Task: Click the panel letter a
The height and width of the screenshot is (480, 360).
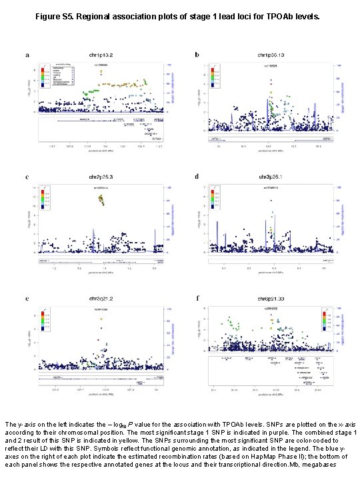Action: click(27, 55)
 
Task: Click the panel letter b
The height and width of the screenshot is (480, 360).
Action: click(197, 55)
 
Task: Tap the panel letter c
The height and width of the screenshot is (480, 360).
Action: click(27, 177)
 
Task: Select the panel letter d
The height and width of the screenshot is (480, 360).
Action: click(197, 177)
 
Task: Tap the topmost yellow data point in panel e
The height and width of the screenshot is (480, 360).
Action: click(101, 319)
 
